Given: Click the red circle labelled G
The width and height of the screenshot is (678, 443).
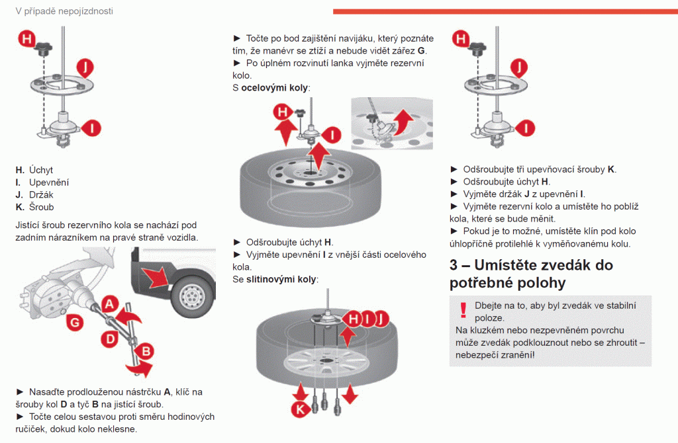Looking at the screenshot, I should click(75, 322).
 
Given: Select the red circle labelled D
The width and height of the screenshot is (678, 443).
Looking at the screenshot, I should click(111, 338).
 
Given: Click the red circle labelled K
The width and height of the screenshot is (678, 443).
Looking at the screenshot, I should click(299, 409).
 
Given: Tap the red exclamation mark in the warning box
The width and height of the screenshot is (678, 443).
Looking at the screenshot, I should click(463, 309).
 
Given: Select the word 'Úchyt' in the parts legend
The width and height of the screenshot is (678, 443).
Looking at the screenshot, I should click(41, 170).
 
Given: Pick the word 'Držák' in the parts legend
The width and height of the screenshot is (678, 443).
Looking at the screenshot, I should click(42, 194).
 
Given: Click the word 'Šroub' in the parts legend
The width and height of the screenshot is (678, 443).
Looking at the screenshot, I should click(42, 207).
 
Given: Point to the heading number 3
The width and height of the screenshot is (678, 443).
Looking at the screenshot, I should click(454, 265).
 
